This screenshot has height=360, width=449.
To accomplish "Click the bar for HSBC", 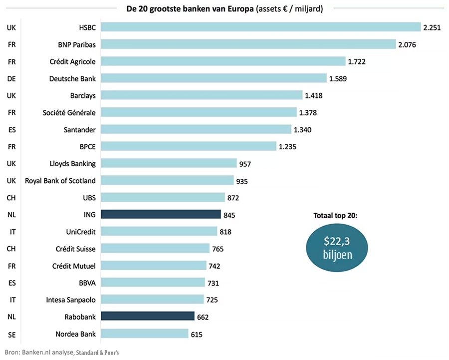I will coord(260,27).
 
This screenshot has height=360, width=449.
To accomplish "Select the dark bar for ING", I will coord(161,214).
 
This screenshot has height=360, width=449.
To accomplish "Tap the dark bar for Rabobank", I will coord(148,316).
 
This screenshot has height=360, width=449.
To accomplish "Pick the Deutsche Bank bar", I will coord(214,78).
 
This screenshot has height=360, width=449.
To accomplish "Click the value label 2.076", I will coord(407,44).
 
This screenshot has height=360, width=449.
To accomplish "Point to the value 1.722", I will coord(356,61).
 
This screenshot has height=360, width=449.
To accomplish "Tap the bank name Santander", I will coord(80,129).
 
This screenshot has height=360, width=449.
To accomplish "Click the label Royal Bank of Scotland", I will coord(60,180).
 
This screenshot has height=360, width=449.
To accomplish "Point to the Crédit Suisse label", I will coord(76,248).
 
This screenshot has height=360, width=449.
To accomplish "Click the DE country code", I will coord(11,78).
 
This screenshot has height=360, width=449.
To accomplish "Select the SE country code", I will coord(11,334).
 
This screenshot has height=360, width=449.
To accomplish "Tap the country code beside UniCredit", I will coord(11,232).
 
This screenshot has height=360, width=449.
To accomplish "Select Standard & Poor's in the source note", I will coord(97,353).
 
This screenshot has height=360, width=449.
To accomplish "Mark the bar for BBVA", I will coord(153,282).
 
